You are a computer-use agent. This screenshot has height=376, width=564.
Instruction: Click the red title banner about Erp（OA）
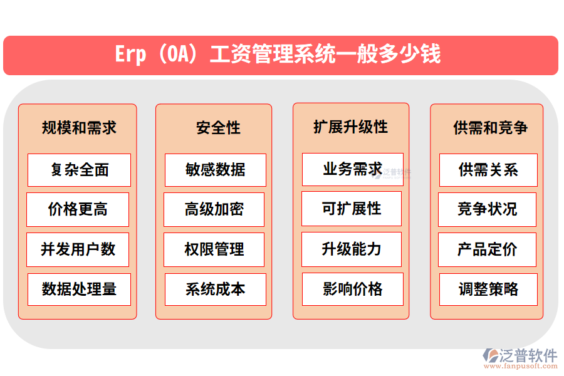tap(280, 55)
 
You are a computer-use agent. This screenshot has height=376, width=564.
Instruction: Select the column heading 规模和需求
tap(79, 128)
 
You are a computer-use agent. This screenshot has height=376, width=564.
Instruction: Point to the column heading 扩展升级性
tap(351, 127)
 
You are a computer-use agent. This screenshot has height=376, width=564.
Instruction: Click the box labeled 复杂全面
tap(80, 170)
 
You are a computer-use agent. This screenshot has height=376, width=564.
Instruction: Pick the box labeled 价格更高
tap(78, 209)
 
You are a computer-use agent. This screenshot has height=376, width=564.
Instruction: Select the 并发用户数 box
tap(78, 249)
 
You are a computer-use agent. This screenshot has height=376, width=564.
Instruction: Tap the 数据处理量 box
tap(80, 290)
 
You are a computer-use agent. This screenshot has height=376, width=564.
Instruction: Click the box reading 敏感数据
tap(216, 170)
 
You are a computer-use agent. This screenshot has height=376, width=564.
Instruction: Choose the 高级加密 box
tap(214, 209)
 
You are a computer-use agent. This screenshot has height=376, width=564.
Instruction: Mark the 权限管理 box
tap(214, 249)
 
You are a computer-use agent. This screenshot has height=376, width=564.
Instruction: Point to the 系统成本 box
tap(216, 290)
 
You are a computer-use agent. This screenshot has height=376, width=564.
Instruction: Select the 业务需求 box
tap(352, 169)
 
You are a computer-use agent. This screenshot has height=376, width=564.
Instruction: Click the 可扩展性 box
tap(352, 209)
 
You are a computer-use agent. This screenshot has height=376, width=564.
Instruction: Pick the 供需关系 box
tap(488, 170)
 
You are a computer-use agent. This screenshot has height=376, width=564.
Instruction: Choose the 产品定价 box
tap(487, 249)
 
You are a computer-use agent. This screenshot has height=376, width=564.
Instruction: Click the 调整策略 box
tap(488, 290)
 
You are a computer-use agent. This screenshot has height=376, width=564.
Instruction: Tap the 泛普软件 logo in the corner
tap(520, 357)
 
